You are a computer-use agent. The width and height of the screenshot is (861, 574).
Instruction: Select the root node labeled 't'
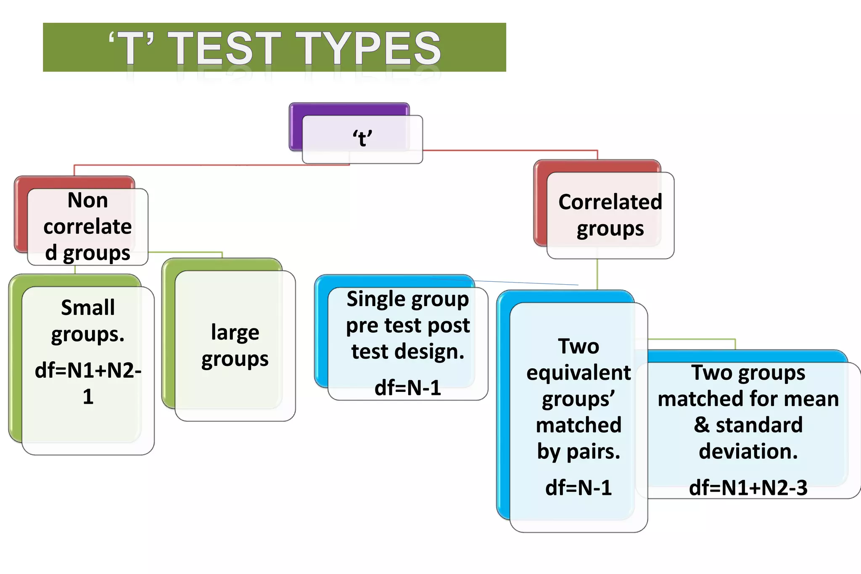coord(362,138)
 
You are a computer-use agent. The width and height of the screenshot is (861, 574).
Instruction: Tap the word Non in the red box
coord(87,200)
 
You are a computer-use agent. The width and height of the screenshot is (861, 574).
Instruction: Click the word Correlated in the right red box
coord(610,202)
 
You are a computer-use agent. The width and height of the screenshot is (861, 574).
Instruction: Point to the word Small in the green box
coord(87,307)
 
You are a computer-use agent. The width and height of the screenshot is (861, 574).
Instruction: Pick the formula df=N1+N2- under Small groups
coord(88,370)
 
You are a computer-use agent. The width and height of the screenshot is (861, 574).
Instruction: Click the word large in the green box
coord(235,333)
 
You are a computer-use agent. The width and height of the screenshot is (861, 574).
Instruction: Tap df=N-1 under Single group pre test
coord(407,388)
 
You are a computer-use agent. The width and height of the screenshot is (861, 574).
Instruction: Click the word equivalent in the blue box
coord(578,373)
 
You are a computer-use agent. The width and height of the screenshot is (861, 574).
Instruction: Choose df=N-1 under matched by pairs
coord(578,488)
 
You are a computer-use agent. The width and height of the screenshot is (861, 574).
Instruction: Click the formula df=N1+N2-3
coord(748,488)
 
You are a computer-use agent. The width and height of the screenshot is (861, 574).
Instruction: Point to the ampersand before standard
coord(701,425)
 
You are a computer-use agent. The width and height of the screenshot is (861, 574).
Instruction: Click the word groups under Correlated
coord(610,229)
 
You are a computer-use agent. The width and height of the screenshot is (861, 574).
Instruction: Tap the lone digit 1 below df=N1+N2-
coord(88,397)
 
